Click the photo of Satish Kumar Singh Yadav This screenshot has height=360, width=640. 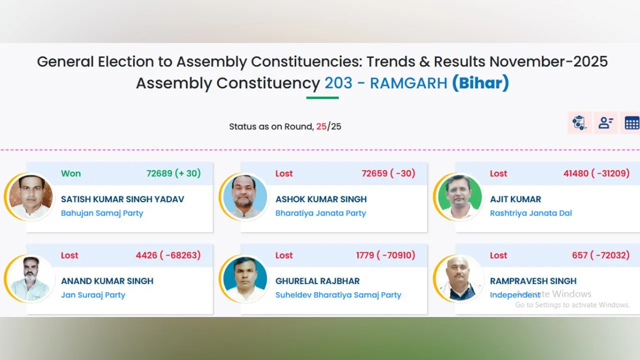30,196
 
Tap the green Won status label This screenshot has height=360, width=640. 70,173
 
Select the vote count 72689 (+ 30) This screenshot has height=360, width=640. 173,173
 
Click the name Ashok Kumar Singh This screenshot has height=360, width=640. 321,199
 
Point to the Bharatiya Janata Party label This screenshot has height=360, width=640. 320,213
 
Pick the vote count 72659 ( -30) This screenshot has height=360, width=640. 388,173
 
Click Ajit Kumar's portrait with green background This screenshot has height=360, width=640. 459,196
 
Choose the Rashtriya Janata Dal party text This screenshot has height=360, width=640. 530,213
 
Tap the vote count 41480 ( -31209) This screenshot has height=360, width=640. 596,173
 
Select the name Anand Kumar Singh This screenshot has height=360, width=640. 107,281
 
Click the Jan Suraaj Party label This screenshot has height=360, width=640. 93,295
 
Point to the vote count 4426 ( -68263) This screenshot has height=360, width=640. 168,255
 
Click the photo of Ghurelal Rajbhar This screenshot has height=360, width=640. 245,278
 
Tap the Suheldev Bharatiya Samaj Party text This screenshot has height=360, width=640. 338,295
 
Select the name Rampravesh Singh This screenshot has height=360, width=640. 533,281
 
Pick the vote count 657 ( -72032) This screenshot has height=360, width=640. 601,255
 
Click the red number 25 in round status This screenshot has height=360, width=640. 321,126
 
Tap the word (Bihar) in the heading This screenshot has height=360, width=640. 480,83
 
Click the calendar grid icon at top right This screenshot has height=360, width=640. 631,123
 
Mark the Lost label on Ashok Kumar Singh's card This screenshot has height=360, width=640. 284,173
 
